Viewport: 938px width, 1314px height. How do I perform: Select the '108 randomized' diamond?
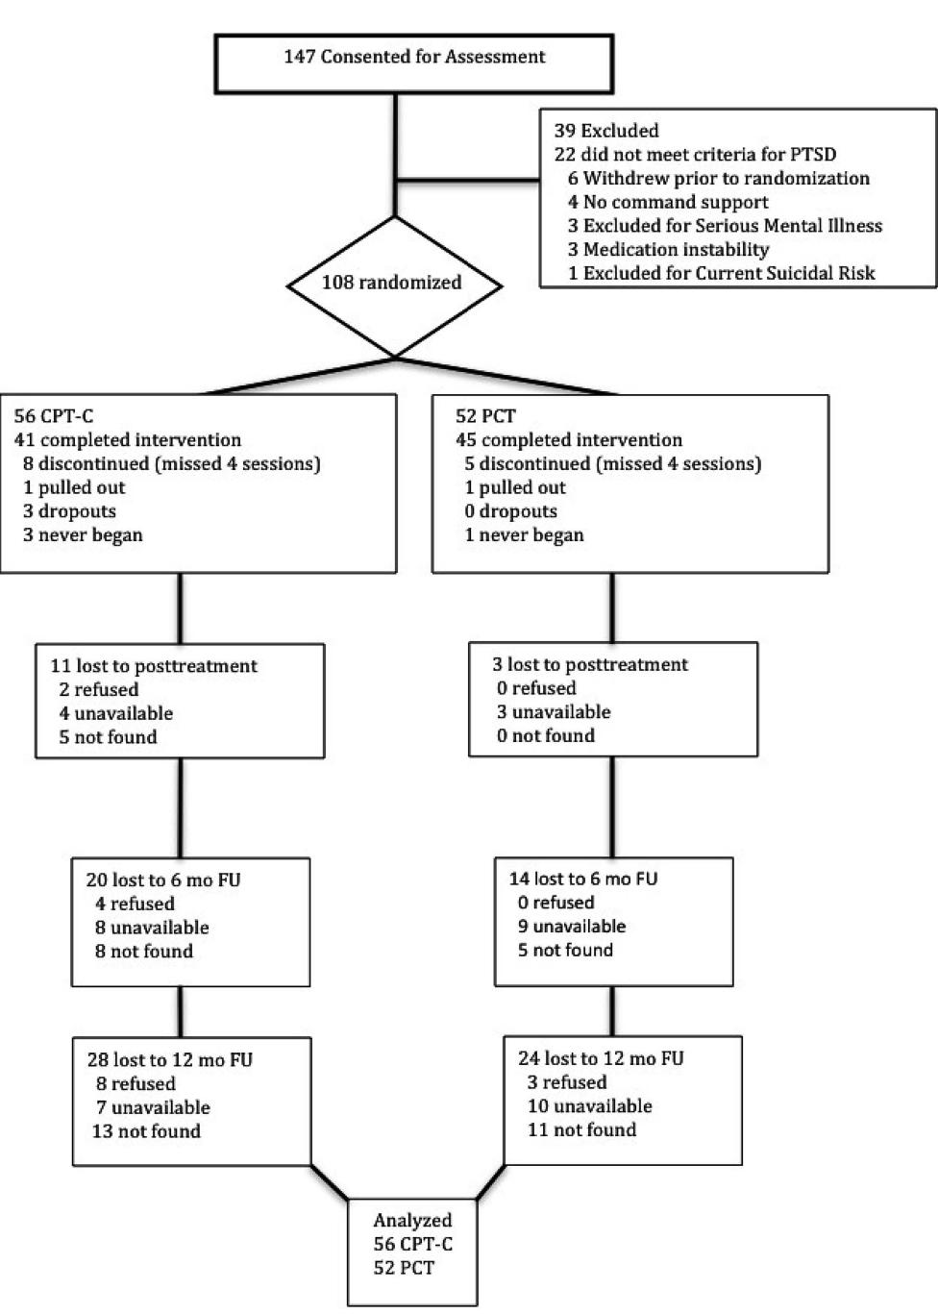[x=392, y=283]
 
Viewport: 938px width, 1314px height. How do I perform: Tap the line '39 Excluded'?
[x=606, y=131]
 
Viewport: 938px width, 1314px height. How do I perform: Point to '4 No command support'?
[x=668, y=202]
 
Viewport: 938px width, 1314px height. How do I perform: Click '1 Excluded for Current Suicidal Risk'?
[x=721, y=273]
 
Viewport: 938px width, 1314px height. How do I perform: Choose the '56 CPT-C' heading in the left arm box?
[x=54, y=416]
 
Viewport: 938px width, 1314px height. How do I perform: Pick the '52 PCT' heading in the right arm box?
[x=485, y=416]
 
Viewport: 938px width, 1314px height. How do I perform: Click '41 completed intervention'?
[x=128, y=440]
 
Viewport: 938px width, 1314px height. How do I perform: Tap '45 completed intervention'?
[x=569, y=440]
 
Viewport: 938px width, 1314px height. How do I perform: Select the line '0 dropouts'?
[x=510, y=511]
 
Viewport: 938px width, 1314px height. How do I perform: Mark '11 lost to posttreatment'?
[x=154, y=666]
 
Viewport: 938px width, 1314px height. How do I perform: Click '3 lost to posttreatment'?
[x=590, y=664]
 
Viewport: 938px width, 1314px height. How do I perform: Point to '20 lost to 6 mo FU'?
[x=163, y=880]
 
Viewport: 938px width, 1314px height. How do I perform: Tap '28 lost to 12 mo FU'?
[x=170, y=1060]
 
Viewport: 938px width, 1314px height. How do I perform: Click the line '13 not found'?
[x=146, y=1131]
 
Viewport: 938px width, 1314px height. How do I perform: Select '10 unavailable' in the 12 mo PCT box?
[x=589, y=1106]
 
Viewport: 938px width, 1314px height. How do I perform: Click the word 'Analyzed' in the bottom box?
[x=412, y=1221]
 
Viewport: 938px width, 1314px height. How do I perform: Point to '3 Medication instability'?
[x=668, y=250]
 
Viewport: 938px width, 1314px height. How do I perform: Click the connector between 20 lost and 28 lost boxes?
[x=180, y=1012]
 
